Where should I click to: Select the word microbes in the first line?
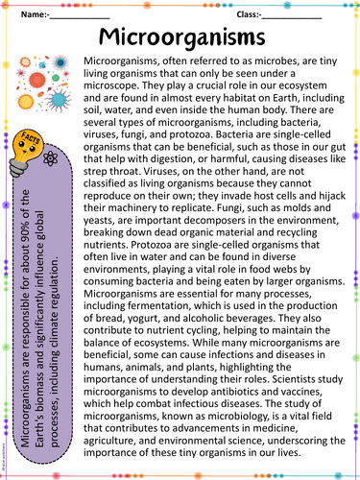274,60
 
